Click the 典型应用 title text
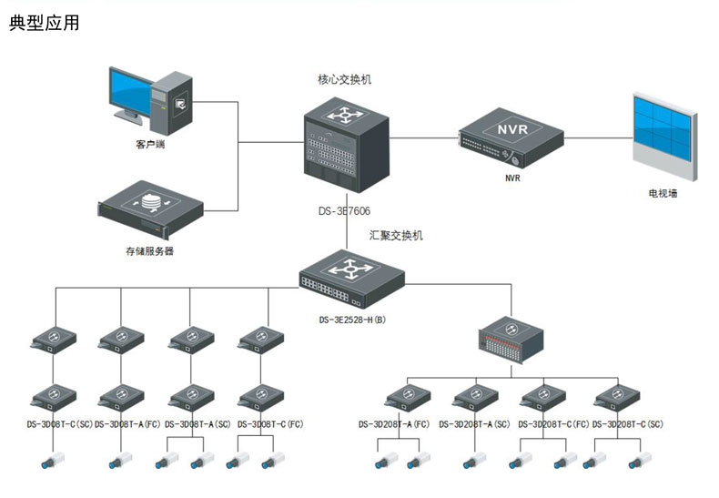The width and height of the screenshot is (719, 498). [45, 23]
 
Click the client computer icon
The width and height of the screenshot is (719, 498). [151, 97]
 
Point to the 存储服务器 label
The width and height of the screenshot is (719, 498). [149, 249]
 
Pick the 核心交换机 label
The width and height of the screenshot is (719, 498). [344, 80]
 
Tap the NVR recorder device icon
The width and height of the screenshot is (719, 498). [511, 134]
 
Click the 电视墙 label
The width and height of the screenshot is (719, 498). [662, 194]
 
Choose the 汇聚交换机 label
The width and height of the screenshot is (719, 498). [396, 236]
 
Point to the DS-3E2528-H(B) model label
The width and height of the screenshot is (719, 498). [352, 320]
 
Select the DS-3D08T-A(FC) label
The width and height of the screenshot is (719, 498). [128, 424]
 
